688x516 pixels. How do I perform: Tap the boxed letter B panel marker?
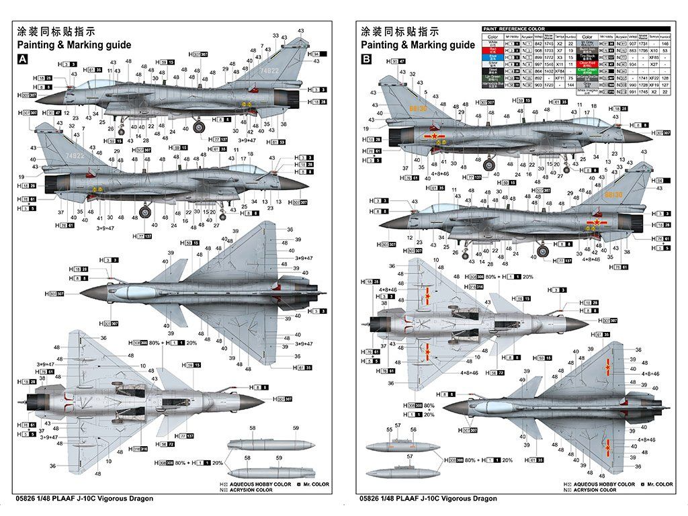(367, 59)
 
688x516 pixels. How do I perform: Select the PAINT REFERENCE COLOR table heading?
(514, 29)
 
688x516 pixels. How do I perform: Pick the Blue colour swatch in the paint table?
(492, 58)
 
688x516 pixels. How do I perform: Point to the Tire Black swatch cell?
(588, 58)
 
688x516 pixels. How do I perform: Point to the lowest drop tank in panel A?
(269, 471)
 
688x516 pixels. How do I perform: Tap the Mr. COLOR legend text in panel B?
(657, 484)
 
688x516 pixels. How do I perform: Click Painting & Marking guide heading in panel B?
(417, 45)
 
